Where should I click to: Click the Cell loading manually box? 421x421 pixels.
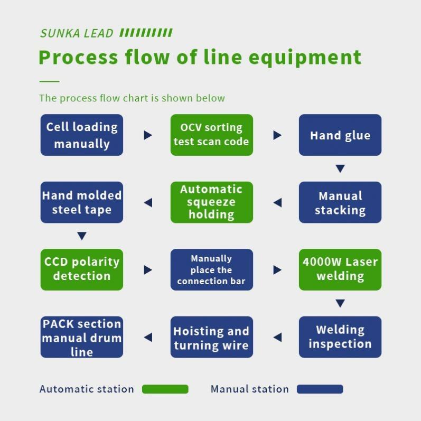pyautogui.click(x=82, y=135)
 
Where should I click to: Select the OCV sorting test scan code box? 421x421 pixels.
pyautogui.click(x=212, y=135)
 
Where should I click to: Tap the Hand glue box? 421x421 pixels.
pyautogui.click(x=340, y=135)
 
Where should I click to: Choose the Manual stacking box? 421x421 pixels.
pyautogui.click(x=340, y=202)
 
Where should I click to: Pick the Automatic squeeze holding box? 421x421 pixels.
pyautogui.click(x=212, y=202)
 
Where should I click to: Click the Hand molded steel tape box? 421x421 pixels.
pyautogui.click(x=82, y=202)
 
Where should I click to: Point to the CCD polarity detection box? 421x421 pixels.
pyautogui.click(x=82, y=269)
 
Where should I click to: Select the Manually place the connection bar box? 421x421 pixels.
pyautogui.click(x=212, y=269)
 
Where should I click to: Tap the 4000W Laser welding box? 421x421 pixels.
pyautogui.click(x=340, y=269)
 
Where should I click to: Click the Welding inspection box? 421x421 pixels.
pyautogui.click(x=340, y=337)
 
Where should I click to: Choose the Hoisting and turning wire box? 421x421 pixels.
pyautogui.click(x=212, y=337)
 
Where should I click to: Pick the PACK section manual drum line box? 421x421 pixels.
pyautogui.click(x=82, y=337)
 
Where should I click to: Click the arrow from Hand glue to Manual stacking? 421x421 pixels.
pyautogui.click(x=340, y=169)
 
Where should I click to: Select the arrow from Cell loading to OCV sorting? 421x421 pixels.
pyautogui.click(x=148, y=135)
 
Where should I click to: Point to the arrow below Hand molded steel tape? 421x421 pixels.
pyautogui.click(x=82, y=236)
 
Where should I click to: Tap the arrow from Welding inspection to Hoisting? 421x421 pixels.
pyautogui.click(x=278, y=337)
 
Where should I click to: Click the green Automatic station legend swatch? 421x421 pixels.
pyautogui.click(x=165, y=389)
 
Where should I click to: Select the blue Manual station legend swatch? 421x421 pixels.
pyautogui.click(x=320, y=389)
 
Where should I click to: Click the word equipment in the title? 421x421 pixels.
pyautogui.click(x=305, y=58)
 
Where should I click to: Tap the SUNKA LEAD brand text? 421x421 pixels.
pyautogui.click(x=77, y=33)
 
